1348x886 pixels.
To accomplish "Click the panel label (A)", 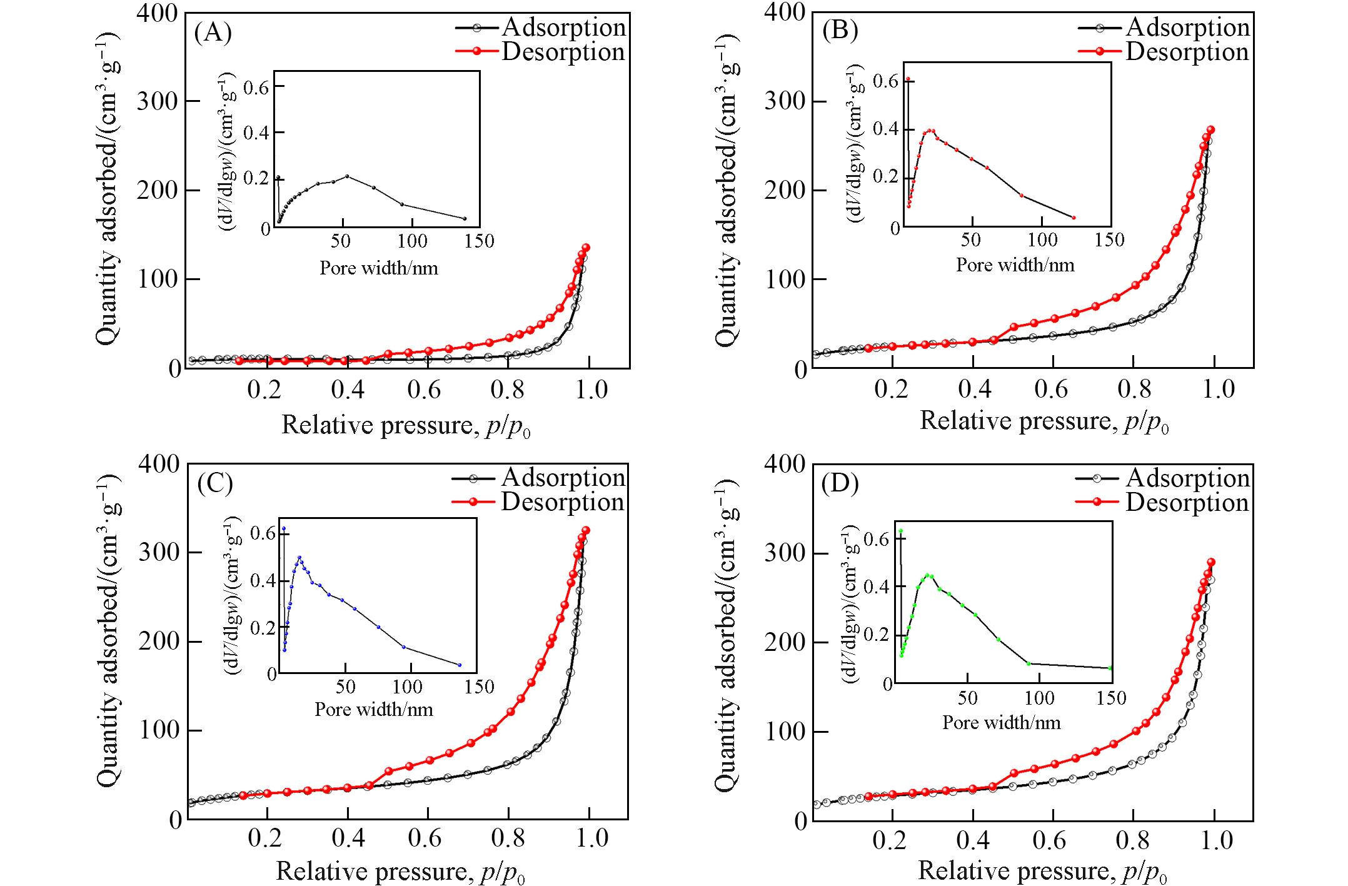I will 213,32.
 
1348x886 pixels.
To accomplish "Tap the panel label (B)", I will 840,29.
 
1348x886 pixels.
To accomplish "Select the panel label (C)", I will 214,483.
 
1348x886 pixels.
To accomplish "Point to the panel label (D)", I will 840,483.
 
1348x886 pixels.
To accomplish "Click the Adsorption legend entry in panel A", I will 563,27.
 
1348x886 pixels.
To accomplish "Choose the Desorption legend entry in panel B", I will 1187,52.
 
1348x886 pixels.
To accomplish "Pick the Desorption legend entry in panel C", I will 563,502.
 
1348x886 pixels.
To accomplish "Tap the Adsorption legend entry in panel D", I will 1187,478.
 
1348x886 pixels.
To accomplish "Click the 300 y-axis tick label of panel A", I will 158,101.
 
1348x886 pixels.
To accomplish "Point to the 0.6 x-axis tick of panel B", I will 1052,389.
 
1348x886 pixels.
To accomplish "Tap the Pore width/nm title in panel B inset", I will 1015,265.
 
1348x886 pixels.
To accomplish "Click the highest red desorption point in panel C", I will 586,530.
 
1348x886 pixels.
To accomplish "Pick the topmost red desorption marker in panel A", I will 586,248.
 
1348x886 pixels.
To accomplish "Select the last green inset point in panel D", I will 1110,668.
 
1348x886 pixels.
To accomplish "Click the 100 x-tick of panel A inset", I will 412,241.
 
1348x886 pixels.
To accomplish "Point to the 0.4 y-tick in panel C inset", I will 262,581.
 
